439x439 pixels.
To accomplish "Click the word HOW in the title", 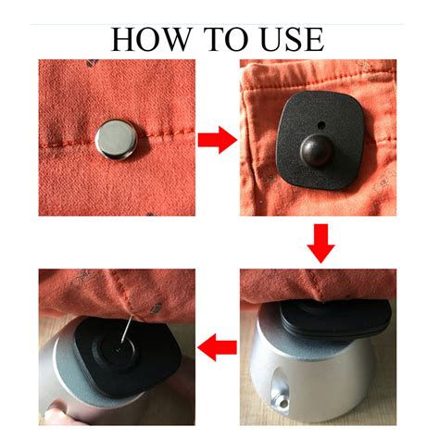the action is click(150, 39).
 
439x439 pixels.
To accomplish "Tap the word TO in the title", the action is click(226, 39).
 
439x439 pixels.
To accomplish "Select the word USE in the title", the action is click(293, 39).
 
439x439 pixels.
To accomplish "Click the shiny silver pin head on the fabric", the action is click(116, 140).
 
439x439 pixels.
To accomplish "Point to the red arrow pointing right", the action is click(218, 140).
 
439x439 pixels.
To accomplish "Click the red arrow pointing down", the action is click(320, 244).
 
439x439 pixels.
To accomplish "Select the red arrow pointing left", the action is click(217, 347).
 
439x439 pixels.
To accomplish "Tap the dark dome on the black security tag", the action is click(316, 151).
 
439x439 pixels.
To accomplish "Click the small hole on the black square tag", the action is click(321, 125).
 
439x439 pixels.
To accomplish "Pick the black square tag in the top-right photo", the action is click(320, 140).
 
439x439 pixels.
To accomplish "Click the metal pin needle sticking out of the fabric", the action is click(127, 330).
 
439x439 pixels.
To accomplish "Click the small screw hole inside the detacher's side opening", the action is click(283, 403).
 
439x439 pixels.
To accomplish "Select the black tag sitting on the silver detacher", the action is click(335, 319).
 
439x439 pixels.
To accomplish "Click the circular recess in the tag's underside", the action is click(118, 350).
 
